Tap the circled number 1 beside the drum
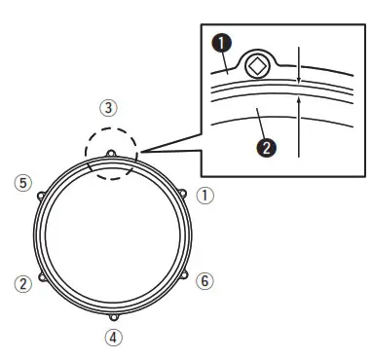(x=204, y=194)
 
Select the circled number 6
(x=203, y=281)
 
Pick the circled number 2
(x=21, y=283)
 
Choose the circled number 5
(x=19, y=182)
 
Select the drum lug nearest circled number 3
(x=112, y=153)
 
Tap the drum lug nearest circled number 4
(x=114, y=319)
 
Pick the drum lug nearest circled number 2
(x=41, y=278)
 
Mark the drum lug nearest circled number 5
(x=39, y=195)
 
